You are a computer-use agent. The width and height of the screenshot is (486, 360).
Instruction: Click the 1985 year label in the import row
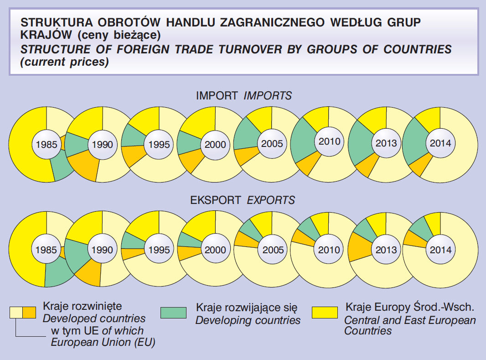click(x=46, y=145)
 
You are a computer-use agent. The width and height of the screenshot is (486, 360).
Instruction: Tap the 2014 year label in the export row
click(x=440, y=250)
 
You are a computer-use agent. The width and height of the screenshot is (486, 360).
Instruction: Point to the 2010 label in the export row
click(x=329, y=250)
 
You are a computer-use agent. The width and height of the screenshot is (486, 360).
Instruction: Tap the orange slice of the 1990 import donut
click(x=85, y=167)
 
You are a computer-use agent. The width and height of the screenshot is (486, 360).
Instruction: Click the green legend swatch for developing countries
click(x=174, y=313)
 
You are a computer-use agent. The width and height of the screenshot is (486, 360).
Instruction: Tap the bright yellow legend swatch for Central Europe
click(x=325, y=313)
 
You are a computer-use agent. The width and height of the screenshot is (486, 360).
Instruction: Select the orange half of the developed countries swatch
click(x=29, y=313)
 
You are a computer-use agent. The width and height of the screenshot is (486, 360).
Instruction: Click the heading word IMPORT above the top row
click(x=217, y=96)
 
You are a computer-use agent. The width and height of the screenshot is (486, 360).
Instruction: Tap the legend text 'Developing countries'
click(x=248, y=320)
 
